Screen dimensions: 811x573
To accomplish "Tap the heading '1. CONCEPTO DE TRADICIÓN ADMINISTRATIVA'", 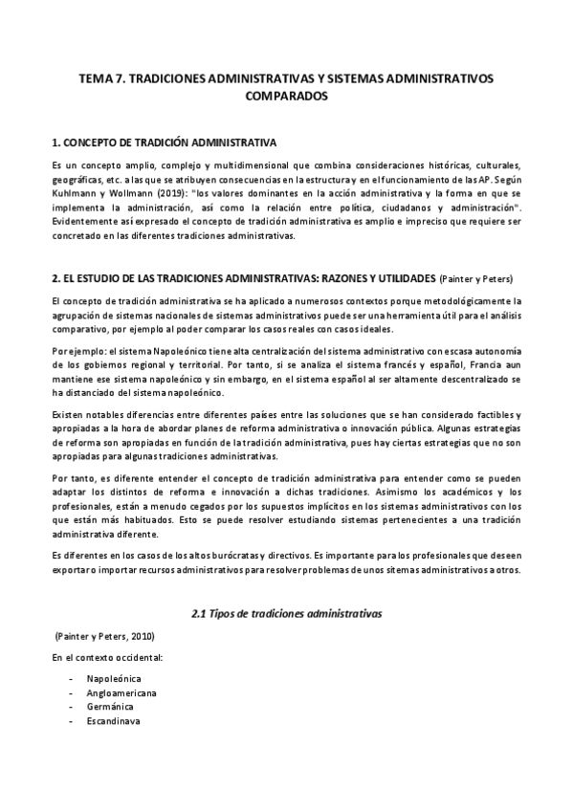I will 164,143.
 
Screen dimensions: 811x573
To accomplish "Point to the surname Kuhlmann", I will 77,189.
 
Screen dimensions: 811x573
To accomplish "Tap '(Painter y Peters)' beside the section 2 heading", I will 475,279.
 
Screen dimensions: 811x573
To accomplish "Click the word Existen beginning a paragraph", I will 69,414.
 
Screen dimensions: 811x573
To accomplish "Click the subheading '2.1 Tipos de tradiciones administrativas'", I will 285,609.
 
